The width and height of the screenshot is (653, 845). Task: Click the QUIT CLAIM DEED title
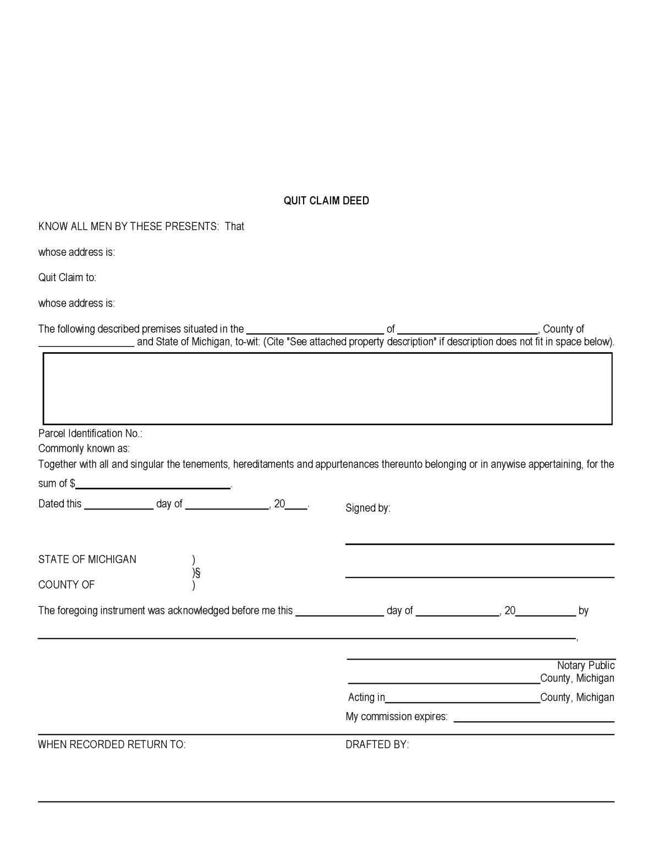(x=326, y=201)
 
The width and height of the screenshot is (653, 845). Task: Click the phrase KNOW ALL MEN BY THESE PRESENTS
(x=128, y=227)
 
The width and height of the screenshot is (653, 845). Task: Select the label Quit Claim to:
(x=67, y=278)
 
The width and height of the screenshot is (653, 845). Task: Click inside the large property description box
(x=327, y=388)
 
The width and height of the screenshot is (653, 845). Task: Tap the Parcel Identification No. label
(x=90, y=434)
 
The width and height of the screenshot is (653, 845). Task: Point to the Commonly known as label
(x=84, y=449)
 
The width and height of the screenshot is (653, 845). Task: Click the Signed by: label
(x=367, y=508)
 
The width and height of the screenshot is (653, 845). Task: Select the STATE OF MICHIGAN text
(x=87, y=559)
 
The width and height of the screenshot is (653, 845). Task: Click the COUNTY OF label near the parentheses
(x=66, y=585)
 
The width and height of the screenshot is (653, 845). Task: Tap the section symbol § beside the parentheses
(x=197, y=573)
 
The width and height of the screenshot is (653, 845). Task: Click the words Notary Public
(x=585, y=666)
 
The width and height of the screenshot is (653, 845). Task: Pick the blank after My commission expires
(x=534, y=718)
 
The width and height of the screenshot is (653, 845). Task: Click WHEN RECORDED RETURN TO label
(x=112, y=745)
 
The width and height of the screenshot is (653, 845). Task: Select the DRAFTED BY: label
(x=377, y=745)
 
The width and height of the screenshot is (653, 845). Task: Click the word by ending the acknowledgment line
(x=583, y=611)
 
